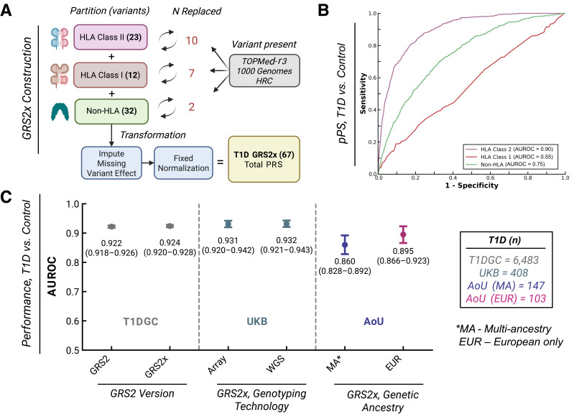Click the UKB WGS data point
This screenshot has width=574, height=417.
(x=287, y=224)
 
